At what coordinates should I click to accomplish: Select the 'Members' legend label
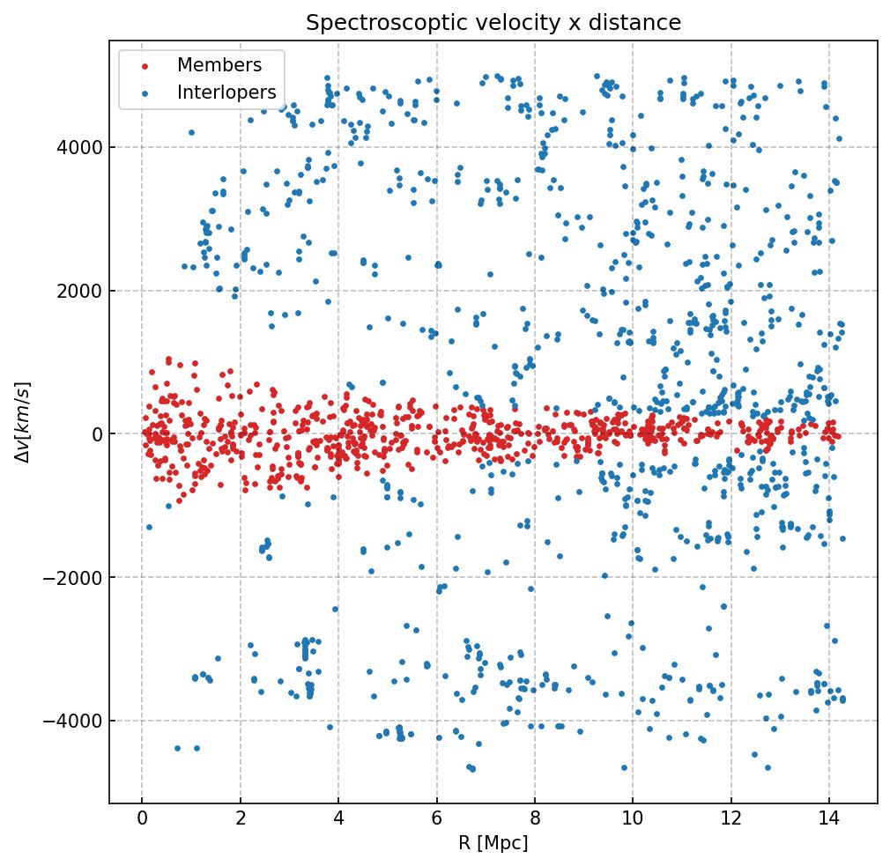(x=219, y=65)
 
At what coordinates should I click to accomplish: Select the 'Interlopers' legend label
(x=226, y=93)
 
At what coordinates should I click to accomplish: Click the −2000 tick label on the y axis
(x=77, y=578)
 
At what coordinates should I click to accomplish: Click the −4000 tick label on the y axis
(x=77, y=722)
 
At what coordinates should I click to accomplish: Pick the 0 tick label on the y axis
(x=95, y=434)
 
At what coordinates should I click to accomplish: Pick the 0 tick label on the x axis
(x=142, y=819)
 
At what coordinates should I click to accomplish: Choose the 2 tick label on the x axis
(x=240, y=819)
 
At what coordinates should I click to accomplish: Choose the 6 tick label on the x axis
(x=436, y=819)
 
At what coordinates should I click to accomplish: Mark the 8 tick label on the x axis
(x=534, y=819)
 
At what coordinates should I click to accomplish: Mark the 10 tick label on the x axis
(x=632, y=819)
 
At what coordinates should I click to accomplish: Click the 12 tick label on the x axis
(x=731, y=819)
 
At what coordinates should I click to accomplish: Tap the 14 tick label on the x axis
(x=828, y=819)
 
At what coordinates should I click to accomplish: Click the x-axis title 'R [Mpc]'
(x=493, y=843)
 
